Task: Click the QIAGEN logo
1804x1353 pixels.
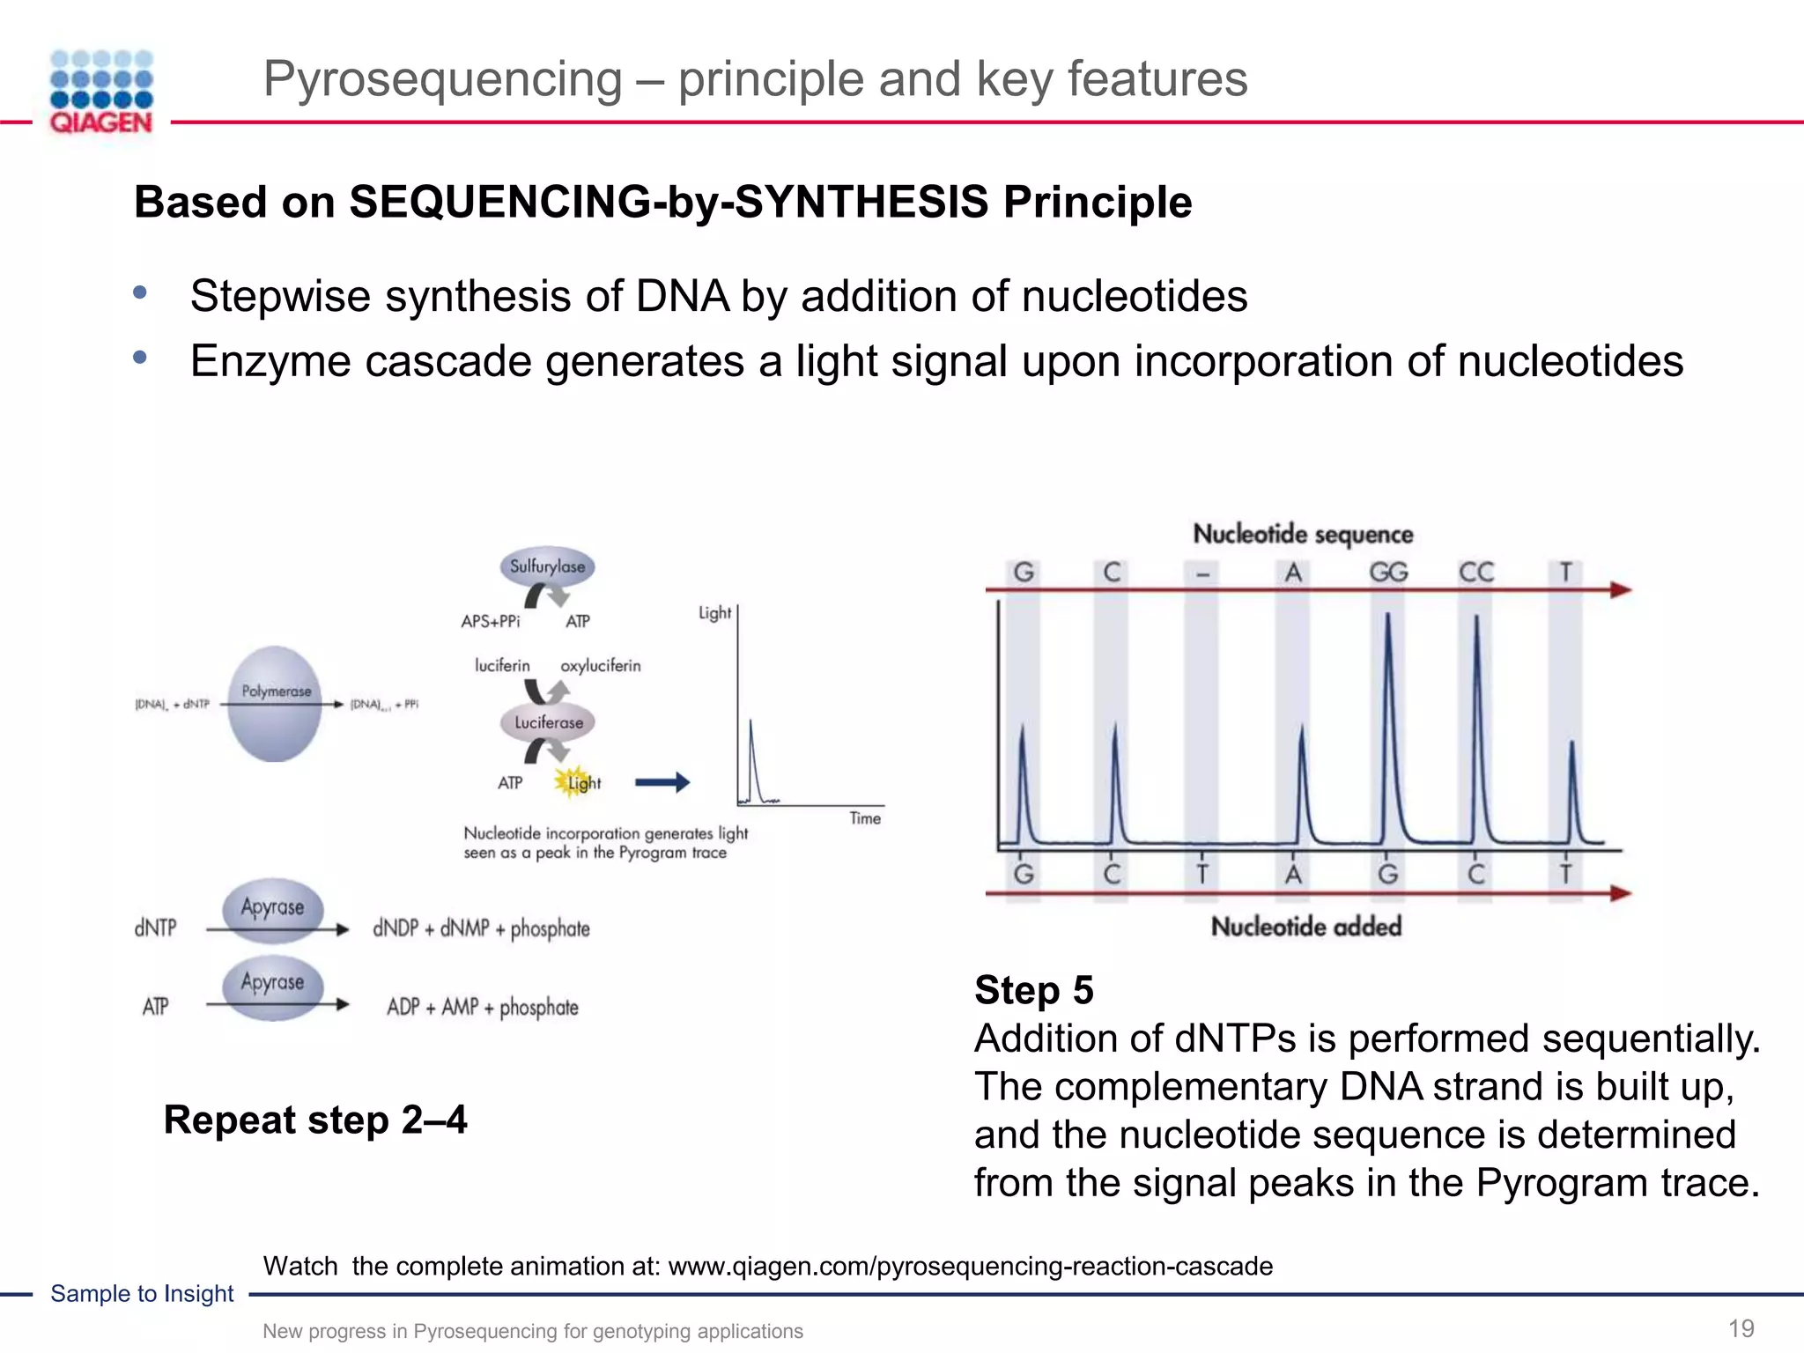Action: pyautogui.click(x=101, y=92)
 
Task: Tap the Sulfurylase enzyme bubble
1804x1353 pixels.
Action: pyautogui.click(x=547, y=566)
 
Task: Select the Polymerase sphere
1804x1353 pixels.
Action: pyautogui.click(x=276, y=703)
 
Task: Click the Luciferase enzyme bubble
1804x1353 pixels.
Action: pyautogui.click(x=548, y=722)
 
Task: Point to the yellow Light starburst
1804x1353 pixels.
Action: pyautogui.click(x=574, y=781)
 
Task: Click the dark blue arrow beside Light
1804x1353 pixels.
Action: pyautogui.click(x=662, y=781)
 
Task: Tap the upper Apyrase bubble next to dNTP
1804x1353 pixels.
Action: pyautogui.click(x=272, y=907)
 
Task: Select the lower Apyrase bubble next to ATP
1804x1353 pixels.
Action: pyautogui.click(x=272, y=984)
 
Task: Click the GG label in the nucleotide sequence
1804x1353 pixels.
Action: pyautogui.click(x=1388, y=573)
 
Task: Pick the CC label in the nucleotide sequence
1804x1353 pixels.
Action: pyautogui.click(x=1476, y=573)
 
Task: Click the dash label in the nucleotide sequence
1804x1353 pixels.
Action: pyautogui.click(x=1202, y=574)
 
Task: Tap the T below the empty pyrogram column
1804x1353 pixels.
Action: pyautogui.click(x=1202, y=874)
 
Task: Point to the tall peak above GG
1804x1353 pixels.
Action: pyautogui.click(x=1388, y=669)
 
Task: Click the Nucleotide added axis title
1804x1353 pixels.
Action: pyautogui.click(x=1306, y=927)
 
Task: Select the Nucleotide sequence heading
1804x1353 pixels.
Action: pyautogui.click(x=1303, y=534)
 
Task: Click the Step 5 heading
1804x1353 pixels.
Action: pyautogui.click(x=1034, y=990)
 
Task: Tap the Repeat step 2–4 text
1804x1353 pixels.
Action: pyautogui.click(x=315, y=1120)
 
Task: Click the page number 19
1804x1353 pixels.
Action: pyautogui.click(x=1741, y=1328)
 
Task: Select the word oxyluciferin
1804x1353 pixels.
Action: pyautogui.click(x=601, y=666)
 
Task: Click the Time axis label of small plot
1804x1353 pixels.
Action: pyautogui.click(x=865, y=818)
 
